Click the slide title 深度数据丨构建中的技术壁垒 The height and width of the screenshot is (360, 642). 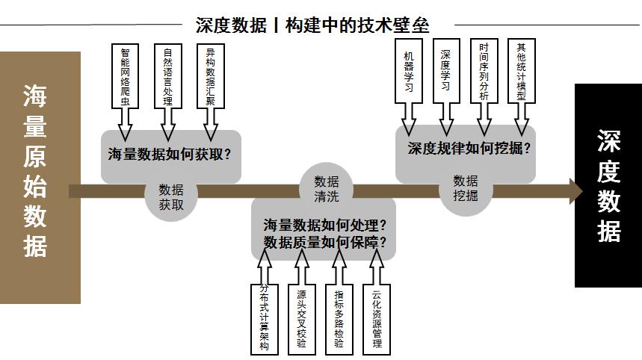pyautogui.click(x=312, y=25)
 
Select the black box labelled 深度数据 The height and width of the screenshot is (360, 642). pyautogui.click(x=608, y=185)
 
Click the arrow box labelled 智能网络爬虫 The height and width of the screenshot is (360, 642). pyautogui.click(x=126, y=77)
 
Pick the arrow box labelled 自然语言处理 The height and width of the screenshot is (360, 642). pyautogui.click(x=168, y=77)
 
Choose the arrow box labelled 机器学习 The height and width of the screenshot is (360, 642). pyautogui.click(x=408, y=73)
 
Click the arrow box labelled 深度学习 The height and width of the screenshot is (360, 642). pyautogui.click(x=446, y=73)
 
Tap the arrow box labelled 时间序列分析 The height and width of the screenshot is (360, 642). pyautogui.click(x=484, y=73)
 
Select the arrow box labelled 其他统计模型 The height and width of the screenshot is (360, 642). pyautogui.click(x=522, y=73)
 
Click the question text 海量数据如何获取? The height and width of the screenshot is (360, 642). pyautogui.click(x=170, y=154)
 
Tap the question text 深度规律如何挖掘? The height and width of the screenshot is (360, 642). pyautogui.click(x=469, y=148)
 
